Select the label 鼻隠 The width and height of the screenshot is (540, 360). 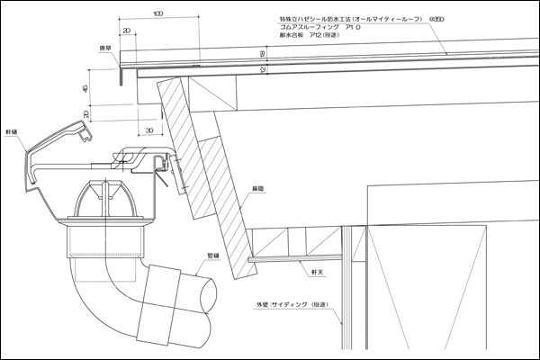pos(256,187)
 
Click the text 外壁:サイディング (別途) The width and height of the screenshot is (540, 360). pos(289,306)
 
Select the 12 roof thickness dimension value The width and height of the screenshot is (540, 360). pos(262,78)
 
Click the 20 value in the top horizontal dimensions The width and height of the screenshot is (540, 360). pos(124,31)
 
